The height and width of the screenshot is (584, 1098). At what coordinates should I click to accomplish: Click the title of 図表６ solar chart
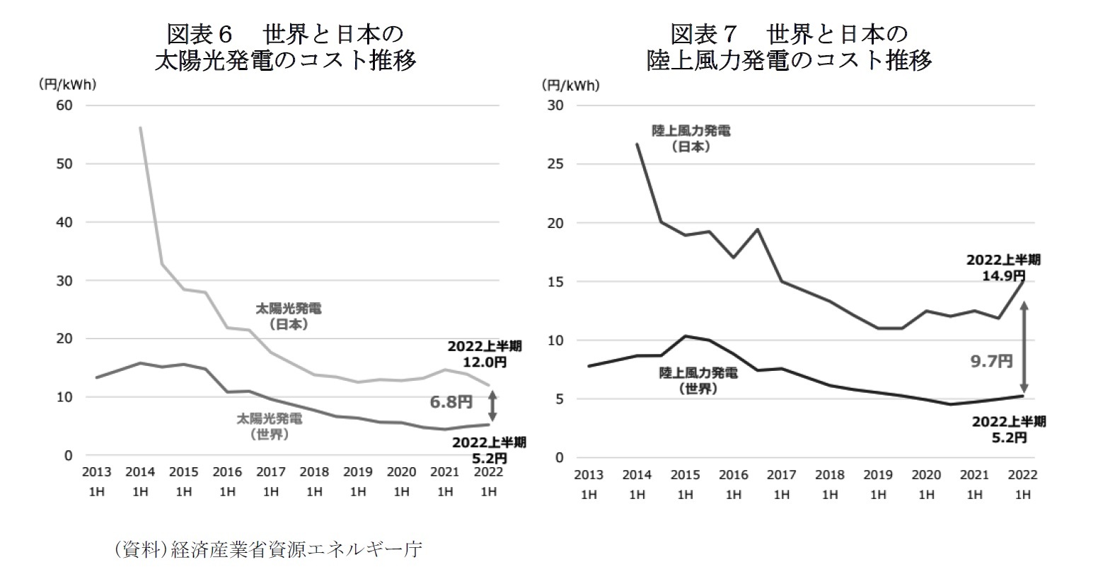tap(285, 47)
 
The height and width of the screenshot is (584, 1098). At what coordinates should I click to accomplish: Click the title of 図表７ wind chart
tap(789, 47)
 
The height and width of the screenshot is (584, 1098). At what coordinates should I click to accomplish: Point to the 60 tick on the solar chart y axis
tap(64, 105)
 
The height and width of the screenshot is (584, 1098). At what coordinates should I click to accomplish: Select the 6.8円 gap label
tap(451, 402)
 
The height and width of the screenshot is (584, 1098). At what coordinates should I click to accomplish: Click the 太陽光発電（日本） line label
tap(288, 316)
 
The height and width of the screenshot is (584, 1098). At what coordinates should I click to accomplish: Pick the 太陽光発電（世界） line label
tap(270, 427)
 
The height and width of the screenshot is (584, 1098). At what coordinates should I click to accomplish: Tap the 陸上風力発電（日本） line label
tap(690, 139)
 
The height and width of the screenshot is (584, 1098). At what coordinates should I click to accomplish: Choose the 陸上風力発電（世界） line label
tap(698, 380)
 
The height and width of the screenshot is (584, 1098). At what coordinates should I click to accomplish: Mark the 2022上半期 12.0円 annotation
tap(485, 354)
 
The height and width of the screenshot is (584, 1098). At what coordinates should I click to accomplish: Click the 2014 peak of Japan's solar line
tap(141, 128)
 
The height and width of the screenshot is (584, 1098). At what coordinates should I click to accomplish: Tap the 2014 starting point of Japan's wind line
tap(637, 144)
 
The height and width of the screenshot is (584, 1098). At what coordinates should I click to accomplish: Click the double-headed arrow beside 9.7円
tap(1023, 347)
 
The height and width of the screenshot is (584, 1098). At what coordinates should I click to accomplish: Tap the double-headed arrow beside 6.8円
tap(492, 405)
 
